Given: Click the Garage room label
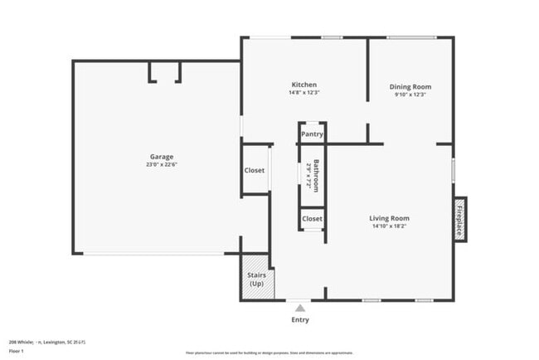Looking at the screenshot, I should [162, 157].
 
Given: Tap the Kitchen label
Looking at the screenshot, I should [303, 85].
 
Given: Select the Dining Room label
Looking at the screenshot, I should [410, 86].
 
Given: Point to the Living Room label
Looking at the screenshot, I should [389, 218].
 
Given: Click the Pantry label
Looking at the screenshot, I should [312, 134].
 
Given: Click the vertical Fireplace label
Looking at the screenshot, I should [459, 219].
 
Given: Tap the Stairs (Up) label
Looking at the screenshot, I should [256, 279].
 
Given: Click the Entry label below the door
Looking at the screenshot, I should [300, 319].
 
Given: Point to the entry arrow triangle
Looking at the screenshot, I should [300, 307].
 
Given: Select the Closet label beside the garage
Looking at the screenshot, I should [255, 170].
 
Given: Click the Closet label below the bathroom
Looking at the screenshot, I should [312, 219].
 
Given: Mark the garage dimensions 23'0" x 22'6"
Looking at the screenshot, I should [162, 164].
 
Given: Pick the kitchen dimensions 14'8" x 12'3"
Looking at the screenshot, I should [303, 92].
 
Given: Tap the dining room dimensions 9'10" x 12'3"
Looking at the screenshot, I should [410, 94].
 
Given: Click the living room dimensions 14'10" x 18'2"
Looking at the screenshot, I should [389, 226].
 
